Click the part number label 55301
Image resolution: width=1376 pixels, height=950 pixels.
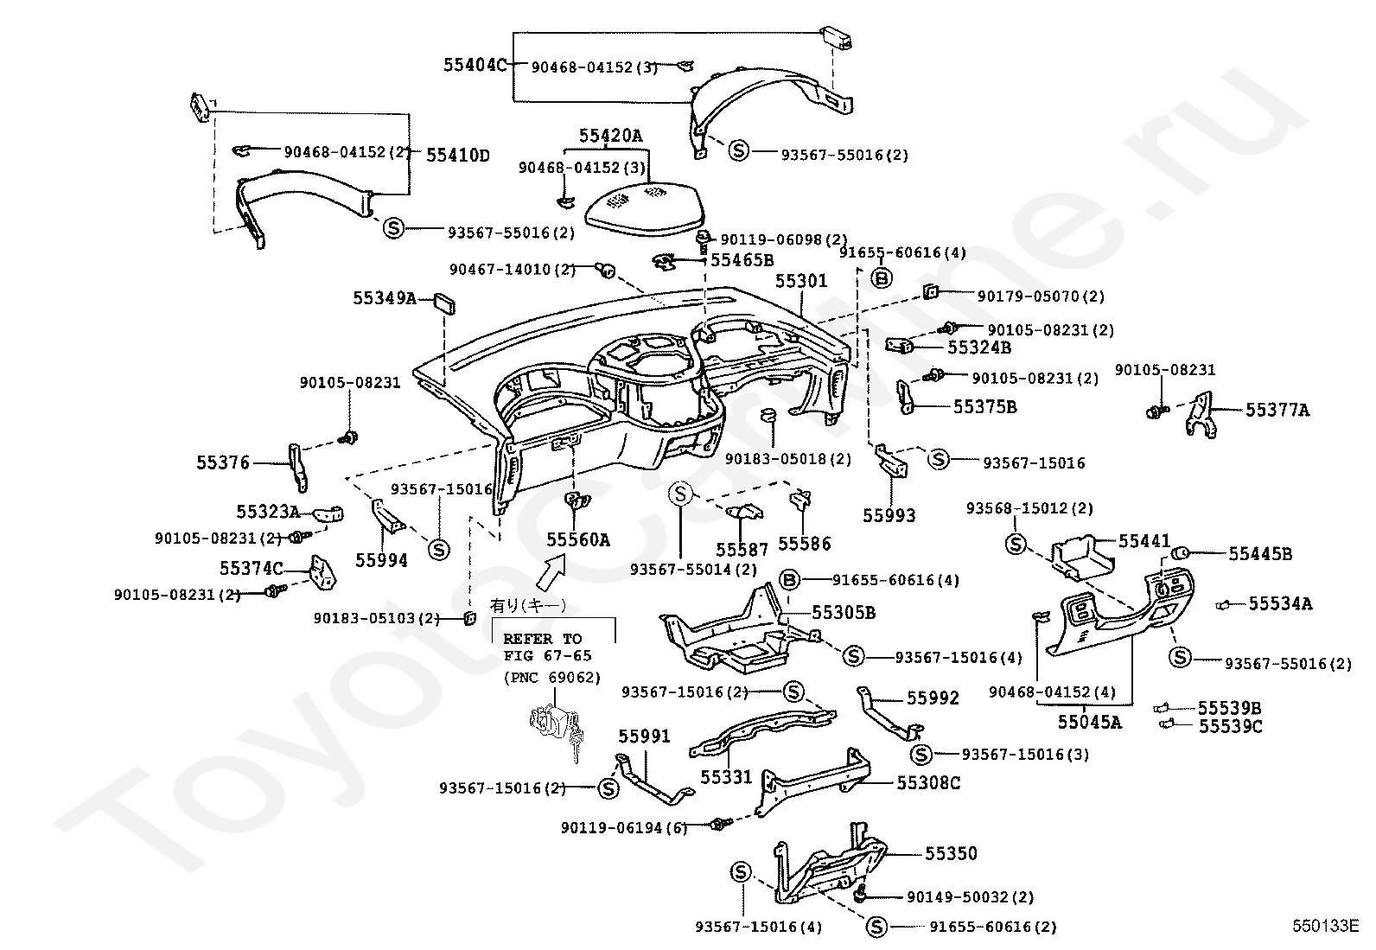(x=801, y=282)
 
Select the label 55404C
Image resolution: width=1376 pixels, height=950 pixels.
(x=475, y=65)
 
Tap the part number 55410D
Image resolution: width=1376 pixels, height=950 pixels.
(x=457, y=156)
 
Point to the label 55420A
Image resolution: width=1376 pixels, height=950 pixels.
(x=611, y=136)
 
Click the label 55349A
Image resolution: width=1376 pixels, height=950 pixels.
(x=384, y=299)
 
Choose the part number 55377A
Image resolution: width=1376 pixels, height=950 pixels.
(x=1277, y=411)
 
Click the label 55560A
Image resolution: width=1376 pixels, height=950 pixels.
(x=577, y=540)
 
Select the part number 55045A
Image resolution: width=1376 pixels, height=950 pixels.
(x=1089, y=722)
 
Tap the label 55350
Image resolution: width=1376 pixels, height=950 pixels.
(x=951, y=854)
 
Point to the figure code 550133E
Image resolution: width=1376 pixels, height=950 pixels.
(x=1325, y=926)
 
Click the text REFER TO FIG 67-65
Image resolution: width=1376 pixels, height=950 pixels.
(x=543, y=647)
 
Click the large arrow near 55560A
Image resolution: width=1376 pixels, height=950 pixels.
(x=551, y=571)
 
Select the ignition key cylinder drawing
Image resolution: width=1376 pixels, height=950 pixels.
(x=555, y=725)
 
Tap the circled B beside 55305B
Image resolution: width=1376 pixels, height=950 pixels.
(x=789, y=580)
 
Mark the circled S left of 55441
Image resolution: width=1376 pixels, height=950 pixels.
(x=1016, y=544)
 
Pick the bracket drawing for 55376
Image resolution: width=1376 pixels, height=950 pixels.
(x=297, y=467)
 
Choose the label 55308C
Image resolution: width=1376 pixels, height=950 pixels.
(x=928, y=783)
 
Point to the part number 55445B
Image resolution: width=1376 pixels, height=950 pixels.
(x=1260, y=554)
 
